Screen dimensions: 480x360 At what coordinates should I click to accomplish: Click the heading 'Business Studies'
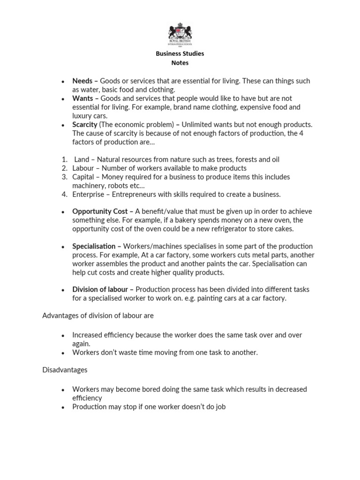(x=180, y=53)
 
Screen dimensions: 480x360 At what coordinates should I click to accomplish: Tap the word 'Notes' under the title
(x=180, y=63)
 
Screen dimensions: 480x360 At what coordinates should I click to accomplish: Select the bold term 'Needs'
(x=82, y=81)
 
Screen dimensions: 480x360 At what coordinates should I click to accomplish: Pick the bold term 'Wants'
(x=82, y=98)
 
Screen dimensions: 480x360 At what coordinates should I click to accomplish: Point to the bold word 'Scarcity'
(x=84, y=125)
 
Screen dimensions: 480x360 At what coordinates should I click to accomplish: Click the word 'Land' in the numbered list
(x=82, y=159)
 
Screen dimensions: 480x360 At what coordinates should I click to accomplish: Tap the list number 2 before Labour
(x=65, y=168)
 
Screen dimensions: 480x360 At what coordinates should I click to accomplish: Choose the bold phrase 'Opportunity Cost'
(x=100, y=212)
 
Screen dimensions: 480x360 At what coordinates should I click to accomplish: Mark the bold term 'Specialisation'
(x=94, y=247)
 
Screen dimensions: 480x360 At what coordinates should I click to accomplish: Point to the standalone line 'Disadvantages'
(x=65, y=370)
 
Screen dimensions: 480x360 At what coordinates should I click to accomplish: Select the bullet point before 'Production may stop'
(x=62, y=407)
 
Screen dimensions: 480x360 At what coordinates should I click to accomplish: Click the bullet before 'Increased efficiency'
(x=62, y=336)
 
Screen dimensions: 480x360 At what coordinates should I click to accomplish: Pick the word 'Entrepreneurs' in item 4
(x=134, y=195)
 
